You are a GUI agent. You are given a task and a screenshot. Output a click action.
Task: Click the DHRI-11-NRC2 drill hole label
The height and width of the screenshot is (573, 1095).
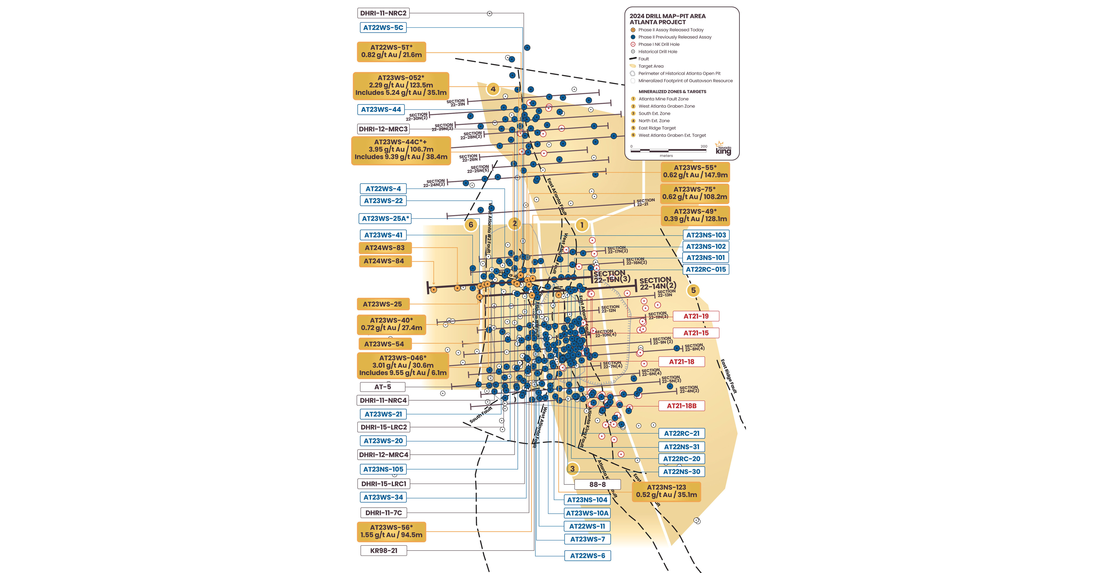pyautogui.click(x=383, y=13)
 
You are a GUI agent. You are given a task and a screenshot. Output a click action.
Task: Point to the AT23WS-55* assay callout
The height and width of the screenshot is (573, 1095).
pyautogui.click(x=695, y=171)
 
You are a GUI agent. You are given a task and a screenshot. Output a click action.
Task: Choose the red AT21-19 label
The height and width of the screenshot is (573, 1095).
pyautogui.click(x=696, y=316)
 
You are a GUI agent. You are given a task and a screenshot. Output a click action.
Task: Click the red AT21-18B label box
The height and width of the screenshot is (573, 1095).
pyautogui.click(x=681, y=406)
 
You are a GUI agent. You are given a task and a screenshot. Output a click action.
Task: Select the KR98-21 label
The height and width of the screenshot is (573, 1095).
pyautogui.click(x=383, y=550)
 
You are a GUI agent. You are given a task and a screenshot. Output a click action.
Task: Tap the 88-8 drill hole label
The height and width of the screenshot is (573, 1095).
pyautogui.click(x=597, y=484)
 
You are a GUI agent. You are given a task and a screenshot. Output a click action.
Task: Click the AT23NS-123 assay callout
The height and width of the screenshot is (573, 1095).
pyautogui.click(x=666, y=491)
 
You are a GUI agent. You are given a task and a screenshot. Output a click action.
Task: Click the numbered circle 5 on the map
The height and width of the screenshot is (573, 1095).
pyautogui.click(x=693, y=290)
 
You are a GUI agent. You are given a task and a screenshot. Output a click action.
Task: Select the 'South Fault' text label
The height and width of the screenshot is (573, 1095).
pyautogui.click(x=481, y=415)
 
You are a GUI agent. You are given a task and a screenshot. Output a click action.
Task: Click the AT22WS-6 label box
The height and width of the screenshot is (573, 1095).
pyautogui.click(x=588, y=556)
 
